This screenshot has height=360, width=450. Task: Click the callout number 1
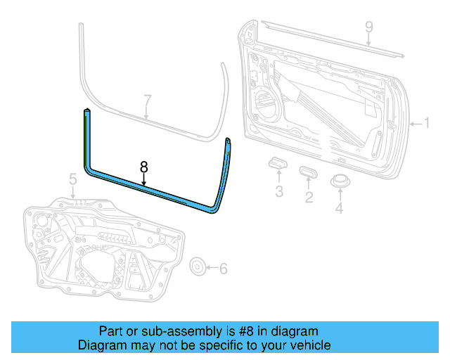click(x=426, y=124)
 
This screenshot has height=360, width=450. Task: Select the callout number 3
click(x=279, y=192)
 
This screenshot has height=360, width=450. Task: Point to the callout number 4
click(x=340, y=208)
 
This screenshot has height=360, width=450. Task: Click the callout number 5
click(x=72, y=181)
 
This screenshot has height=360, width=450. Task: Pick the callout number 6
click(x=224, y=268)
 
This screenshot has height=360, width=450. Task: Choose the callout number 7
click(x=147, y=100)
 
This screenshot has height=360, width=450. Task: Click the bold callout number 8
click(x=143, y=167)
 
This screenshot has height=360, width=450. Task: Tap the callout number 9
click(x=368, y=28)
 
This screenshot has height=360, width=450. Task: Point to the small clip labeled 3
click(x=278, y=165)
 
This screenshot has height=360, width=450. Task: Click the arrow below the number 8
click(x=143, y=180)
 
